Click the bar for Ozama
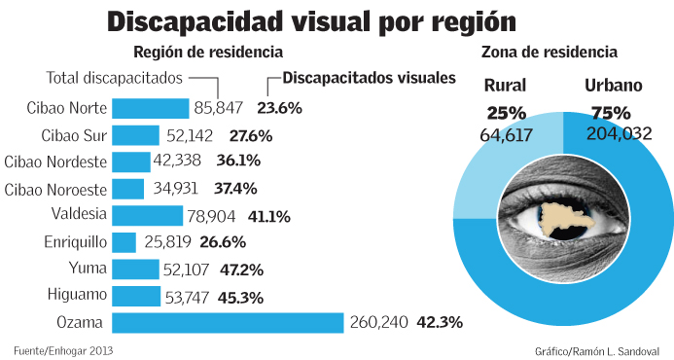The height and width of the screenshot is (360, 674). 229,322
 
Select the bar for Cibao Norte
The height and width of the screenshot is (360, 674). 151,108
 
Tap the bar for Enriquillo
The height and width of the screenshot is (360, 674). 124,242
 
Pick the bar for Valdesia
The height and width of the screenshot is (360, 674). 148,215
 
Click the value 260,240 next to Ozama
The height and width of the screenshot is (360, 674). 379,322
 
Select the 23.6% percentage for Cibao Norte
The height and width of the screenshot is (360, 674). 279,108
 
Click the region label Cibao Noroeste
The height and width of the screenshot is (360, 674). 55,189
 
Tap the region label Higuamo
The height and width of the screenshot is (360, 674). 77,296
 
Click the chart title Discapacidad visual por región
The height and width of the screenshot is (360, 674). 311,21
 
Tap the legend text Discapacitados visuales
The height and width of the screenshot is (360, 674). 369,78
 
